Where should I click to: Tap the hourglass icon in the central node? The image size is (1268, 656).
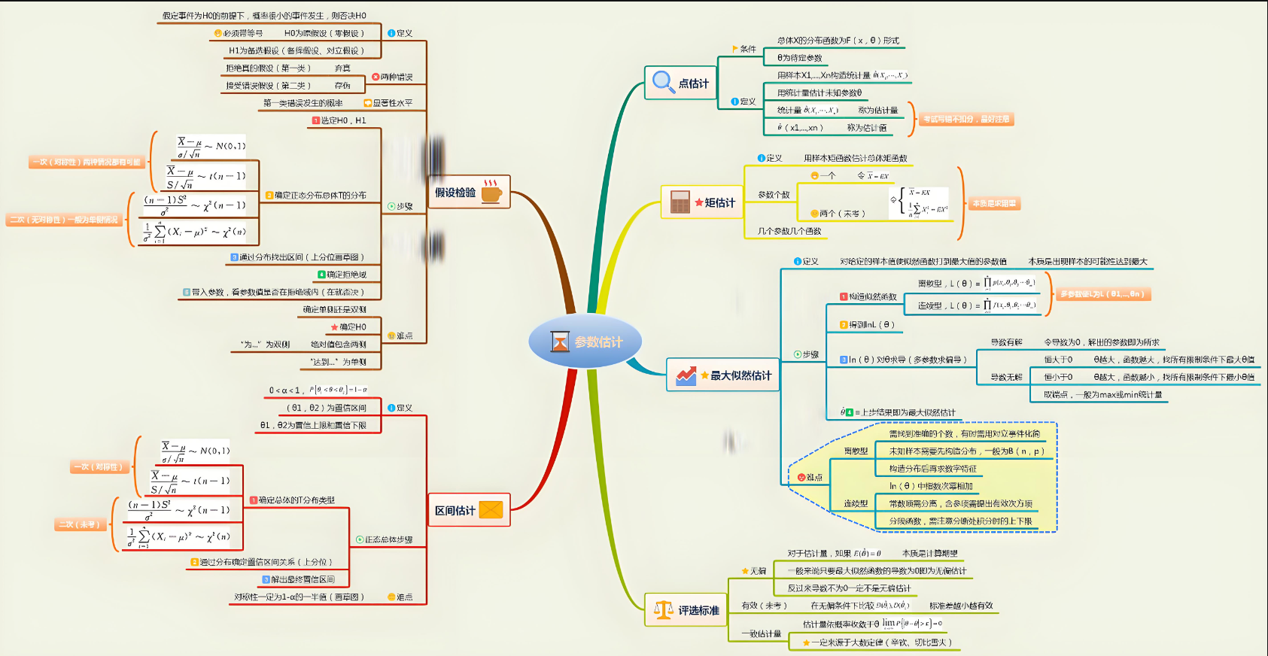pos(560,342)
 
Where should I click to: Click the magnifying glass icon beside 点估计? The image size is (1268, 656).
pos(663,81)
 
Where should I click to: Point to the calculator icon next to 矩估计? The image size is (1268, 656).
pos(680,202)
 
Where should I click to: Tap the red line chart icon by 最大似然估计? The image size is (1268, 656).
pos(686,375)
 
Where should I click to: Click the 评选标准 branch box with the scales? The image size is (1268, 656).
pos(686,610)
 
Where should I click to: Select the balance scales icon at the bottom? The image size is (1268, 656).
pos(663,610)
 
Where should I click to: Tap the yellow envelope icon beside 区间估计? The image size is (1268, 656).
pos(491,510)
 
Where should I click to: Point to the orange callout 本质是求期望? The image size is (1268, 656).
pos(994,204)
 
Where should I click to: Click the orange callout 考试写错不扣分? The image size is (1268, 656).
pos(966,119)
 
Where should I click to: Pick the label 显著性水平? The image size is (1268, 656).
pos(392,103)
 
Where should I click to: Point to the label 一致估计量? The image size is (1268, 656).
pos(762,633)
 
